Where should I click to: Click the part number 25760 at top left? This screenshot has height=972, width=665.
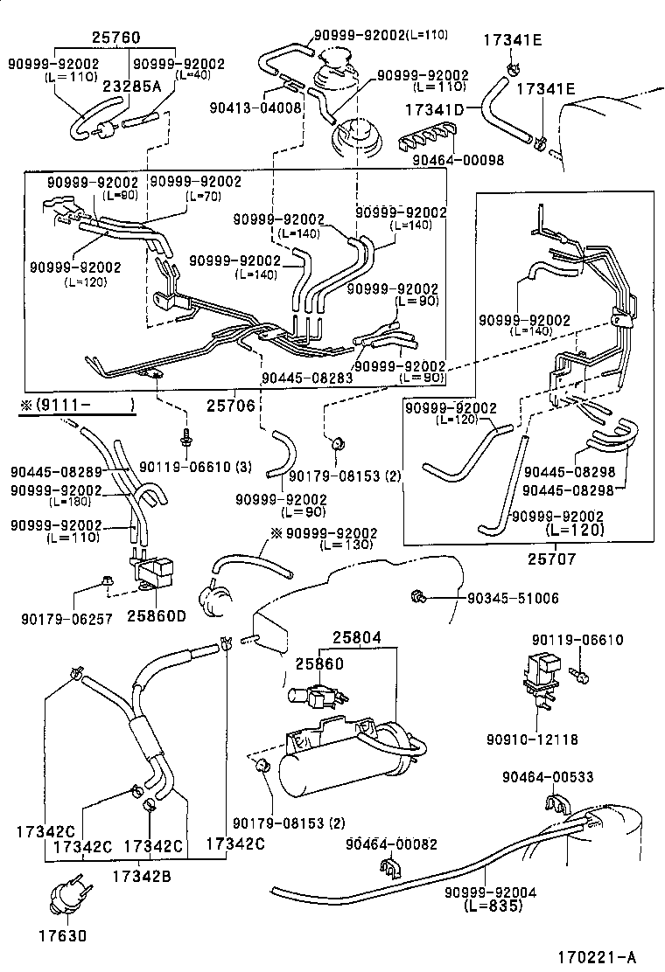[x=116, y=38]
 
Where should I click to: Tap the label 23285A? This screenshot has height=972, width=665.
[x=132, y=86]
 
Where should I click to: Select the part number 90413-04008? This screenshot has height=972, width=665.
[x=255, y=108]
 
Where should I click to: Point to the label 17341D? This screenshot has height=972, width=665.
[x=434, y=110]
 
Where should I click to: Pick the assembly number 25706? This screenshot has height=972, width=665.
[x=230, y=405]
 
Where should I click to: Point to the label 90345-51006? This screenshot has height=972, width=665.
[x=513, y=598]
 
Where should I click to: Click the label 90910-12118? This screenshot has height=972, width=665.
[x=533, y=739]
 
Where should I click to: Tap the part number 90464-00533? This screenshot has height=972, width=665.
[x=548, y=777]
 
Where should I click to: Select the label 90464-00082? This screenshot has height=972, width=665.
[x=391, y=843]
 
